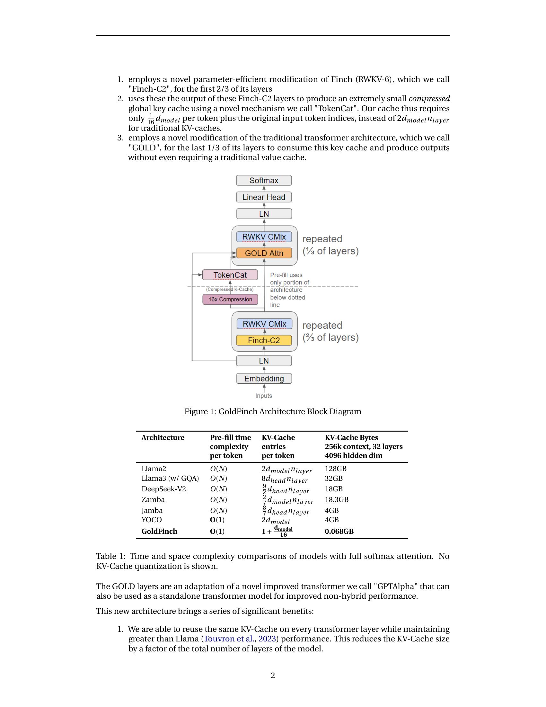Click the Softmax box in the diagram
(264, 180)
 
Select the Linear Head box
(264, 197)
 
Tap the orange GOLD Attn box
(264, 253)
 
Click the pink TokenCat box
(230, 275)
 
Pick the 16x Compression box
(230, 300)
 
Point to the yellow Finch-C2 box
(264, 340)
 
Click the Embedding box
(264, 379)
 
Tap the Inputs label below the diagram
(264, 396)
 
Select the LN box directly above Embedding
(264, 361)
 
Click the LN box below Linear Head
(264, 214)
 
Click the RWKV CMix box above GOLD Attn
(264, 237)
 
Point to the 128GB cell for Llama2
(335, 469)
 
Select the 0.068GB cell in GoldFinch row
(339, 531)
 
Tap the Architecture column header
(163, 438)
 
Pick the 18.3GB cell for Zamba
(336, 499)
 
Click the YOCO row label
(151, 520)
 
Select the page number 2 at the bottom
(273, 675)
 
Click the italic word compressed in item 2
(429, 99)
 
